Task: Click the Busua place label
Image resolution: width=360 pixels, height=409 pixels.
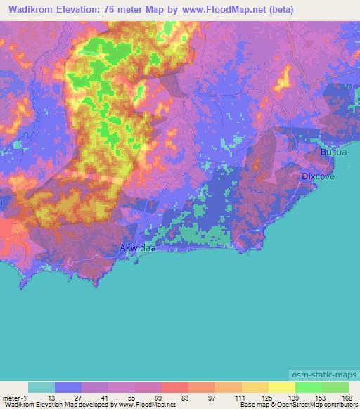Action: coord(333,151)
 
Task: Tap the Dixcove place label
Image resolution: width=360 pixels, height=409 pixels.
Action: coord(318,176)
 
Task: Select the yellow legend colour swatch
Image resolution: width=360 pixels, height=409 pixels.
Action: coord(281,387)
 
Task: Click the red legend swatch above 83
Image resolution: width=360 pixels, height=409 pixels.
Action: coord(174,387)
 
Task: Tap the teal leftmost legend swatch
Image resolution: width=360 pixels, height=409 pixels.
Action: coord(41,387)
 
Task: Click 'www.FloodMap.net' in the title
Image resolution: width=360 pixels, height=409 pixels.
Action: coord(217,10)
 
